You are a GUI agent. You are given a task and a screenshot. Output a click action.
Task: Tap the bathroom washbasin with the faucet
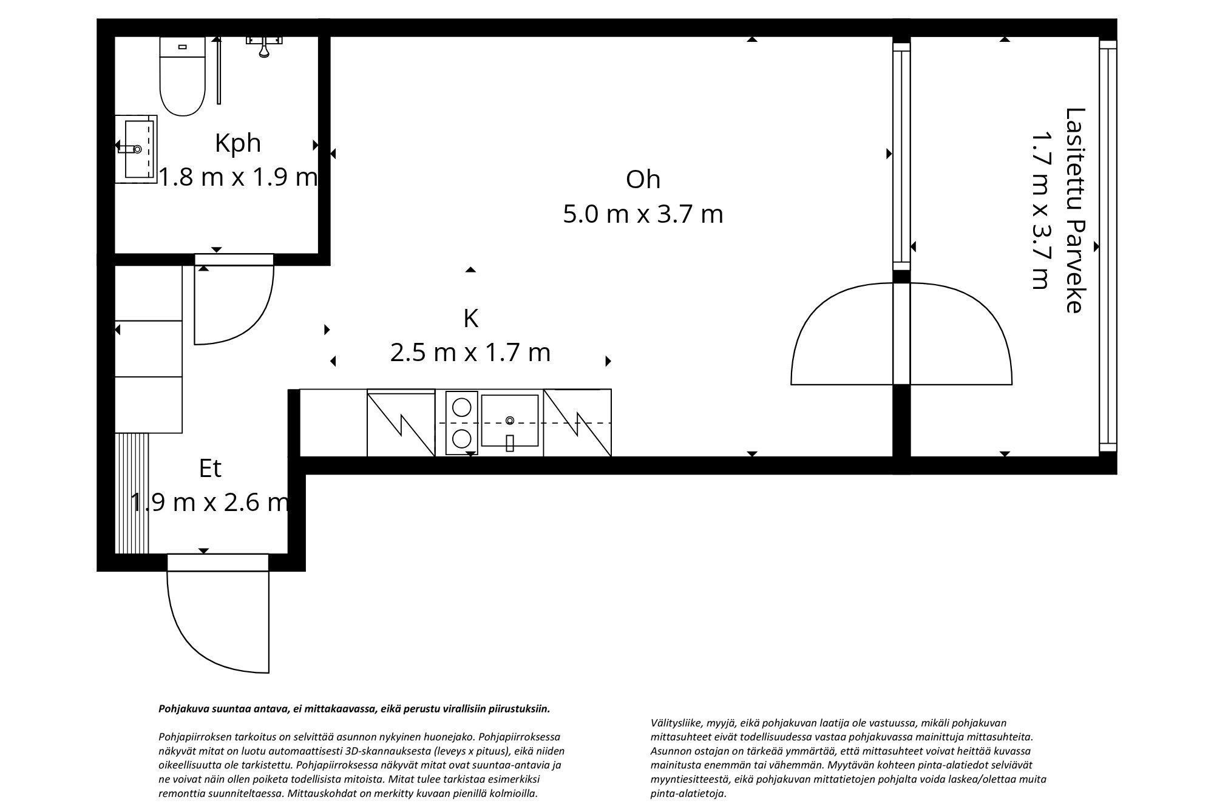(x=137, y=149)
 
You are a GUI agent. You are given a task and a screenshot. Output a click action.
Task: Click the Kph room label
(x=238, y=143)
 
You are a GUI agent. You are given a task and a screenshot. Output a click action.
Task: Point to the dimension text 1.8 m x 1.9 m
(x=238, y=177)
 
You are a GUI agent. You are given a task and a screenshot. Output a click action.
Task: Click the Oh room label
(x=643, y=180)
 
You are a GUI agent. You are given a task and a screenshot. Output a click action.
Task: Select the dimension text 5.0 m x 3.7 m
(x=643, y=214)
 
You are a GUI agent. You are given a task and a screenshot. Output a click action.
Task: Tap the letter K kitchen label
(x=470, y=318)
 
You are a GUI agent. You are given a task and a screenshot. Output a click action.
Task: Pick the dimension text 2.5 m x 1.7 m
(x=470, y=353)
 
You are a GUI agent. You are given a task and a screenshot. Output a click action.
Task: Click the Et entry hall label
(x=210, y=468)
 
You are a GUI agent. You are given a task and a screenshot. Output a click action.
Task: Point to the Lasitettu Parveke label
(x=1074, y=210)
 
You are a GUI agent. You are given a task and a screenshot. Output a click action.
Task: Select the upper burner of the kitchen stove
(x=462, y=406)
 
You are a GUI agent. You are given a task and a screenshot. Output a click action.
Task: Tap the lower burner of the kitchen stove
(x=462, y=439)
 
